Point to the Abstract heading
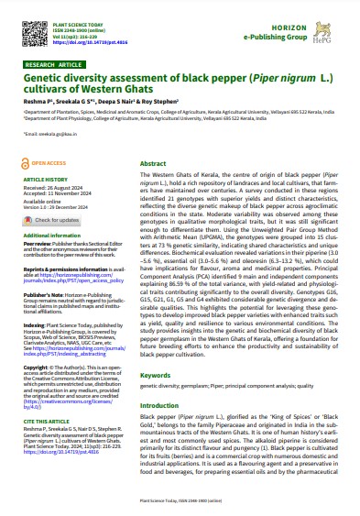[152, 162]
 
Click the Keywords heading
[155, 401]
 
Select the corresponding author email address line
[47, 132]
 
